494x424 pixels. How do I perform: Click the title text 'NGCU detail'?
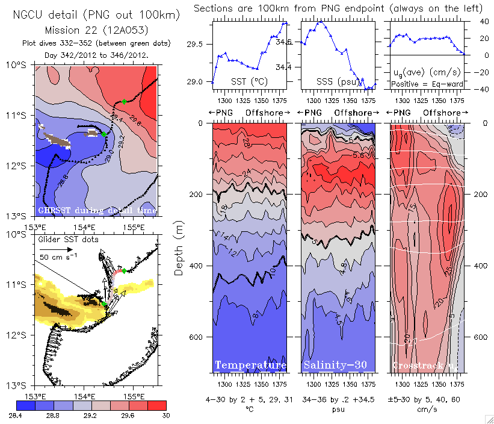[x=45, y=14]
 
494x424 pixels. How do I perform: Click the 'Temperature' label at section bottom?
[x=250, y=366]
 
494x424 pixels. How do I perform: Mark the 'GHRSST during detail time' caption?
[x=97, y=210]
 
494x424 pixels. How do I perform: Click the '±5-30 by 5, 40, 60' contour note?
[x=426, y=399]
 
